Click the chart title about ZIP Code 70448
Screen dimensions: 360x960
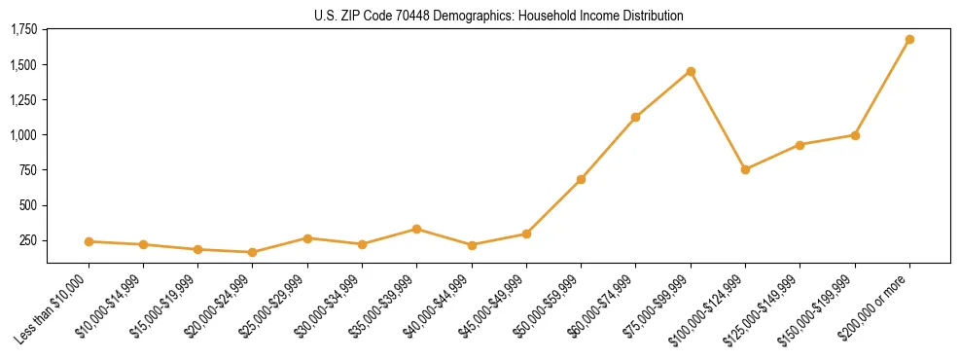498,16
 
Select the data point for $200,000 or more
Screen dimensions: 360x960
909,40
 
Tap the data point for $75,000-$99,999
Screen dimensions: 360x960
691,71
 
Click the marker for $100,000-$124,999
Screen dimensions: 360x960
745,169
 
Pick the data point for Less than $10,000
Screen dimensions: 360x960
89,241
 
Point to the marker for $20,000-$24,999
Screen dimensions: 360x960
253,252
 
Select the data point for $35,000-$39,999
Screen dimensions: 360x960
416,229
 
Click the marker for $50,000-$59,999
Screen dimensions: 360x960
581,179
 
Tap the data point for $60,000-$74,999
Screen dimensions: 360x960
635,117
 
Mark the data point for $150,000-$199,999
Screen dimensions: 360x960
855,135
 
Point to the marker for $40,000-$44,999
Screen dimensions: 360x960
472,245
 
